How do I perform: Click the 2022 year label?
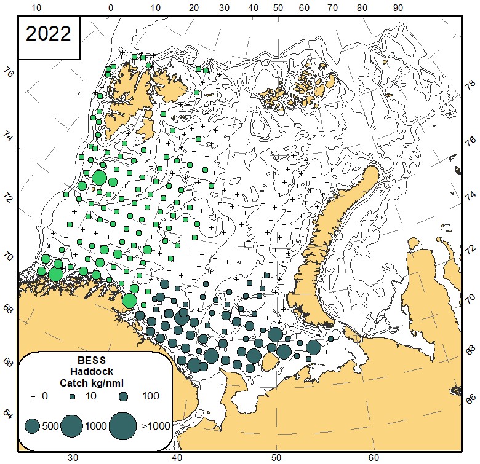pyautogui.click(x=49, y=34)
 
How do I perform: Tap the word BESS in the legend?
pyautogui.click(x=93, y=360)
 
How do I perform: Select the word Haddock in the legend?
pyautogui.click(x=93, y=371)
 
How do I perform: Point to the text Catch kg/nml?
pyautogui.click(x=93, y=383)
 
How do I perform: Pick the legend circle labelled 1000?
pyautogui.click(x=73, y=425)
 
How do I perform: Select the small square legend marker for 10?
pyautogui.click(x=73, y=397)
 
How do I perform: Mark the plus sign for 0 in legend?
pyautogui.click(x=33, y=396)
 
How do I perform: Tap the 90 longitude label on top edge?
pyautogui.click(x=398, y=8)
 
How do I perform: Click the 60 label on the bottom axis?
pyautogui.click(x=374, y=457)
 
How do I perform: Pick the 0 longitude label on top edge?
pyautogui.click(x=111, y=8)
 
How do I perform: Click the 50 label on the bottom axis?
pyautogui.click(x=276, y=457)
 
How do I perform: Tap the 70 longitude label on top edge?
pyautogui.click(x=332, y=8)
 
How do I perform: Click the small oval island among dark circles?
pyautogui.click(x=270, y=363)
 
